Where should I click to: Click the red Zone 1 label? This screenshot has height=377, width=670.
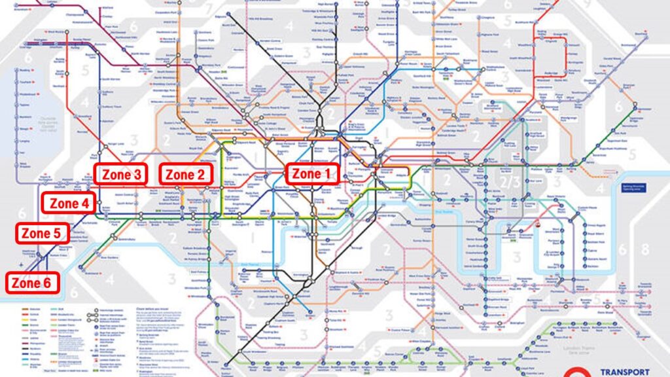(x=311, y=174)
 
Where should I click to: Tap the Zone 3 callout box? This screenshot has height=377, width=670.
(x=120, y=175)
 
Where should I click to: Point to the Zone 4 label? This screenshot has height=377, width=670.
(x=69, y=203)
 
